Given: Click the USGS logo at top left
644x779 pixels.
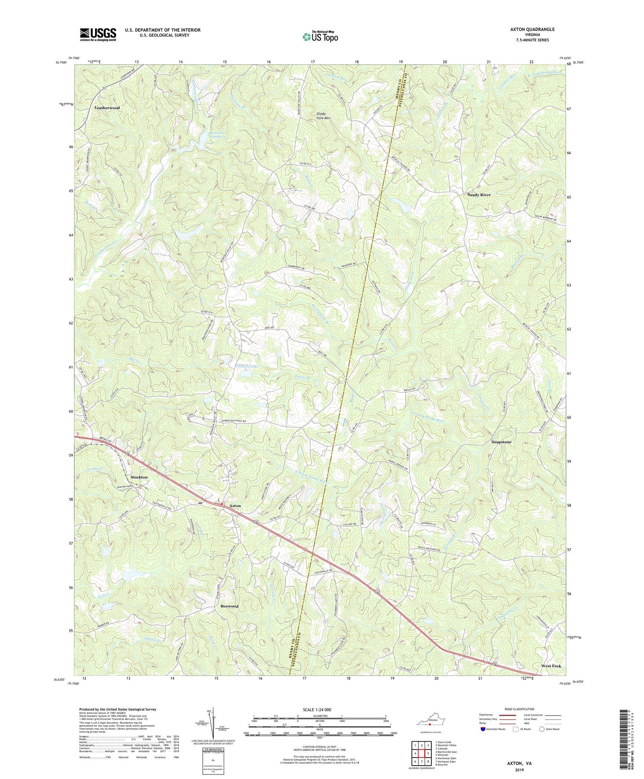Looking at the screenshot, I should coord(98,34).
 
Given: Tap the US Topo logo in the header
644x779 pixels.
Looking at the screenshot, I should coord(320,37).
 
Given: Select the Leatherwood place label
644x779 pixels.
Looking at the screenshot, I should coord(107,108).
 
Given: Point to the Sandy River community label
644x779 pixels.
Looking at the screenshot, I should coord(479,195).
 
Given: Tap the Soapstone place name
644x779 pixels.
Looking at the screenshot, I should coord(501,442).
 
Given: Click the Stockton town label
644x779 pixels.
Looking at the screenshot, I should coord(139,477).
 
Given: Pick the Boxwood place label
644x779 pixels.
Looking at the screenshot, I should coord(230,606).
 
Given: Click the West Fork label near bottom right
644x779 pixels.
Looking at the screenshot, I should coord(551,666).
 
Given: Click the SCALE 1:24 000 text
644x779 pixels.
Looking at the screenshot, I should coord(320,710).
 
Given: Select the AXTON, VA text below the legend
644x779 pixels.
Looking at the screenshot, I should coord(519,763).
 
